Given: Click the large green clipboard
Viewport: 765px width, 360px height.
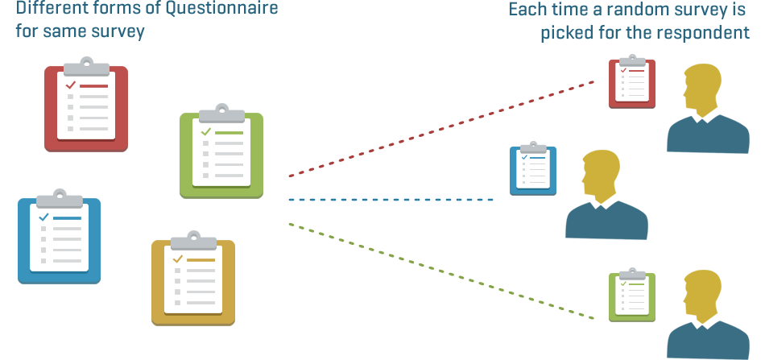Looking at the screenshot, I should click(x=221, y=153).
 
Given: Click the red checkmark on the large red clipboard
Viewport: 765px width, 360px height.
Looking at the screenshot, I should click(x=71, y=84).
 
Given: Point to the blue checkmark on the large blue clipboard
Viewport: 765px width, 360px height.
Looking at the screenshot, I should click(x=43, y=217).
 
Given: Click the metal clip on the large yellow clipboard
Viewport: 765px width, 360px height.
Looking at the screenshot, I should click(x=193, y=239).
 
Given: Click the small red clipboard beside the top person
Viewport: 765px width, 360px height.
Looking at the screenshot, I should click(x=632, y=82).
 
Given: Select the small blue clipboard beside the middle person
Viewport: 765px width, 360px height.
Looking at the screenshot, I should click(x=533, y=170).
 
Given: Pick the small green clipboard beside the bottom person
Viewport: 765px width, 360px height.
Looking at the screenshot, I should click(x=632, y=296).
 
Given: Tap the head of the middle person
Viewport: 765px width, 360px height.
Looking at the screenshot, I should click(x=600, y=175).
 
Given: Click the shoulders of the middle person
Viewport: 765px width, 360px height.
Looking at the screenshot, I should click(x=606, y=221).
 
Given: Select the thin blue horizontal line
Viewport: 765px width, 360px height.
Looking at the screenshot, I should click(x=395, y=199).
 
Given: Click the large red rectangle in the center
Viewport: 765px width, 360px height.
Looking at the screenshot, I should click(x=415, y=137).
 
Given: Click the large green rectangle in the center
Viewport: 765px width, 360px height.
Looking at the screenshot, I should click(x=415, y=262).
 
